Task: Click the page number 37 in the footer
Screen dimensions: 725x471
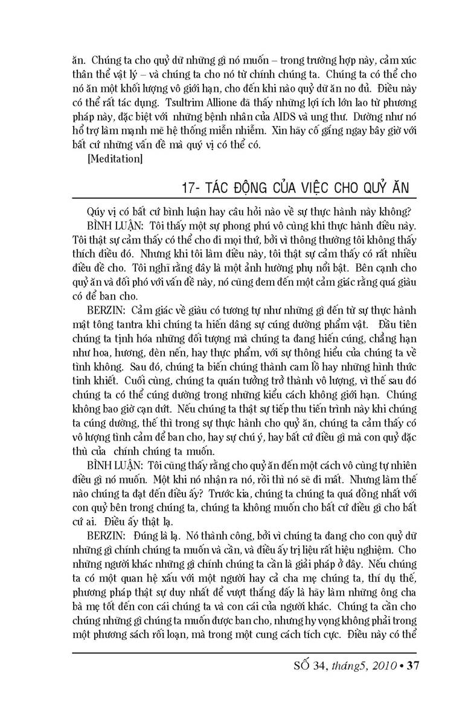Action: click(413, 666)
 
